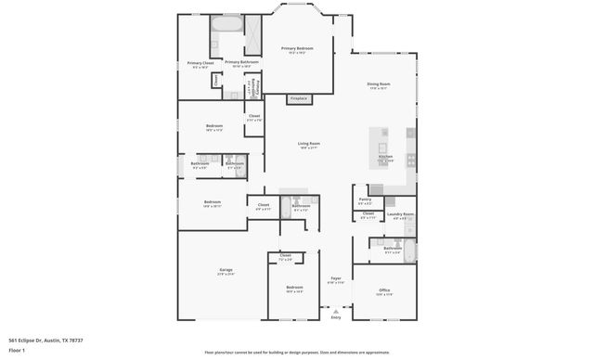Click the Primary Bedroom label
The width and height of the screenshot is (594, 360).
(297, 48)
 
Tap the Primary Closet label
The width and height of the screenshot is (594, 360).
(200, 64)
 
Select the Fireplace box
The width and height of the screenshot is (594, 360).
(298, 98)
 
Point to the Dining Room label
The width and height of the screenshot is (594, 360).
(379, 85)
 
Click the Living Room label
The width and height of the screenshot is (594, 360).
(308, 144)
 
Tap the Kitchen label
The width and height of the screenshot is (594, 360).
(385, 157)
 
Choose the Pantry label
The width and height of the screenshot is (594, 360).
(365, 199)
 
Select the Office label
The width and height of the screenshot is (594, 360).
(384, 290)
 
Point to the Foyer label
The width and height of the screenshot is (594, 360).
(336, 278)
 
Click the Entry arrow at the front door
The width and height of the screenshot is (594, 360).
(336, 313)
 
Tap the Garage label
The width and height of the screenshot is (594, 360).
(226, 270)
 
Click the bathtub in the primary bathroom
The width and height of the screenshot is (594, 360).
(226, 23)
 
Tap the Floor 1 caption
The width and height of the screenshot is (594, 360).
(17, 351)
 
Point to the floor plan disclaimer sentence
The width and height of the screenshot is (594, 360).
(297, 353)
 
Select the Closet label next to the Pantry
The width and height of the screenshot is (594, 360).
(368, 214)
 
